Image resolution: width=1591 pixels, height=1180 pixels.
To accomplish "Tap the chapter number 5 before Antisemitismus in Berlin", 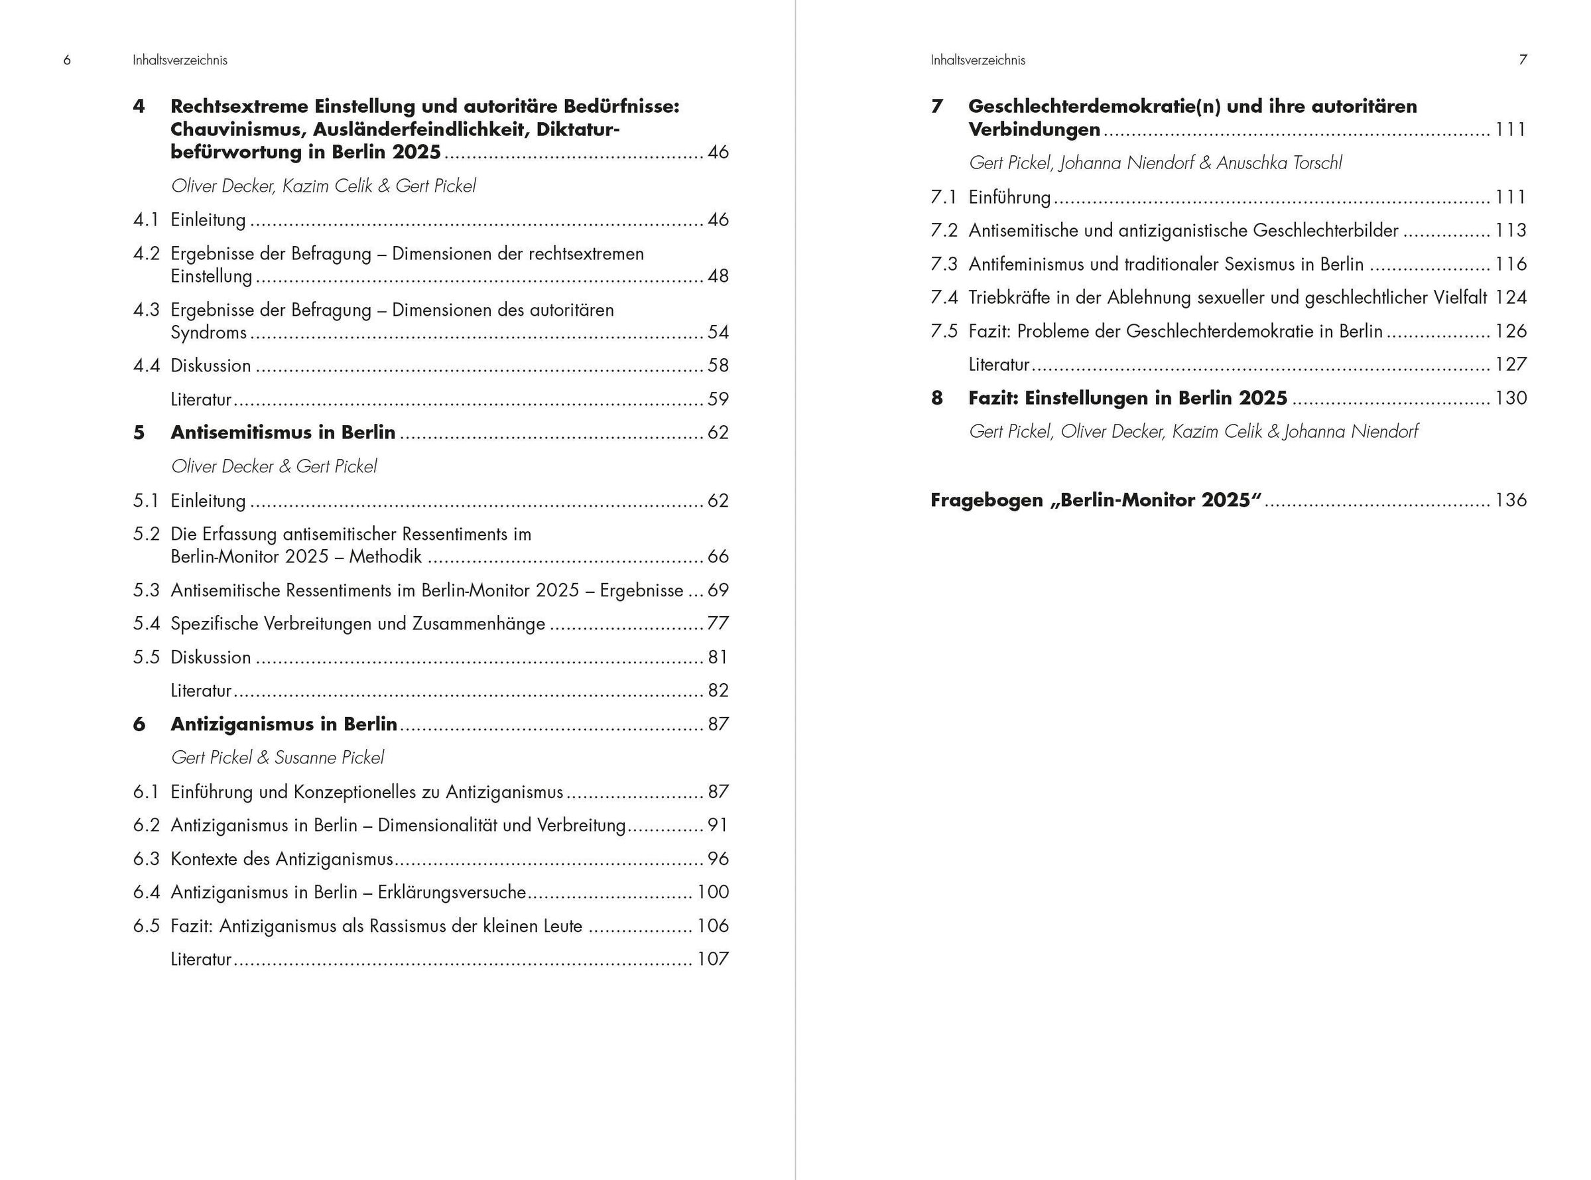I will pos(139,433).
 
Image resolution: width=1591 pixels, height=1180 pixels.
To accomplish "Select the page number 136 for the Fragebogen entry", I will pos(1510,500).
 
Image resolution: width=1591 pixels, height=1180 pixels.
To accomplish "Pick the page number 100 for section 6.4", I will pos(713,892).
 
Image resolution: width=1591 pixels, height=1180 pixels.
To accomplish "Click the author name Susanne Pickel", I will pos(329,757).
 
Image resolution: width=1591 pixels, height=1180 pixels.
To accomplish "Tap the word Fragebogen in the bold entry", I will pos(987,500).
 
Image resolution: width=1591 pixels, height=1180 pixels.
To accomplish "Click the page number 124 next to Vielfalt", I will pos(1510,298).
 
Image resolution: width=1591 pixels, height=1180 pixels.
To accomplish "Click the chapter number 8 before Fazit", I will pos(937,399).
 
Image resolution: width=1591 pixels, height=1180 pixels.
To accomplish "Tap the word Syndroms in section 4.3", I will pos(208,333).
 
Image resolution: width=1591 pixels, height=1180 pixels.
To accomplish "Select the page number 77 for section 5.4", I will pos(718,623).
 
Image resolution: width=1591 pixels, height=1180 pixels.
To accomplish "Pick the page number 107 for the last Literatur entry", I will pos(713,959).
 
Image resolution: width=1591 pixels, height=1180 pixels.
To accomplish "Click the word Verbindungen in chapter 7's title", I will pos(1034,130).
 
